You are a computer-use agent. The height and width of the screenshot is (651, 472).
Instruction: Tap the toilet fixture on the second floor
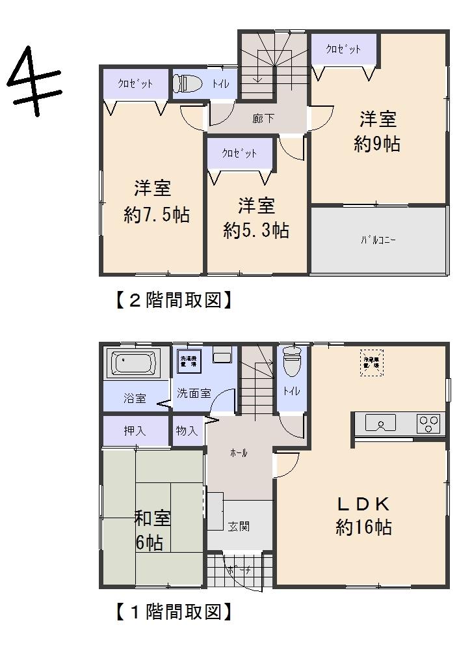tap(186, 83)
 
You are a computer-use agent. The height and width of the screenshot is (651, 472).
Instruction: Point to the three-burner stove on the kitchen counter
tap(429, 423)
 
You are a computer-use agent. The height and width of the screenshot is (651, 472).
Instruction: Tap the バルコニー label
tap(378, 240)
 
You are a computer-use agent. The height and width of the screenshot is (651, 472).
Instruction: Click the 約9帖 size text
tap(377, 144)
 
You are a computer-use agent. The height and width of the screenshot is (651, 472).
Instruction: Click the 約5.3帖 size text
tap(256, 230)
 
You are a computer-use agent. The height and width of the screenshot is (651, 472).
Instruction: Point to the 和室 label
tap(152, 518)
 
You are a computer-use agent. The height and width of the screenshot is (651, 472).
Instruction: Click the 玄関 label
tap(239, 526)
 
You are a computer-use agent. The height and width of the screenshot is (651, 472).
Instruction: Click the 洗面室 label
tap(194, 393)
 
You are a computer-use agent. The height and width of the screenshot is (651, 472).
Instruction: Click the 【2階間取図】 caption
tap(173, 300)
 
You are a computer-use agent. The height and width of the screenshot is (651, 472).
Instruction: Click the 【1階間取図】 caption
tap(173, 612)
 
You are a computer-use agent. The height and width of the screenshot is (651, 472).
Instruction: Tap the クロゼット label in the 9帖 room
tap(343, 49)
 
